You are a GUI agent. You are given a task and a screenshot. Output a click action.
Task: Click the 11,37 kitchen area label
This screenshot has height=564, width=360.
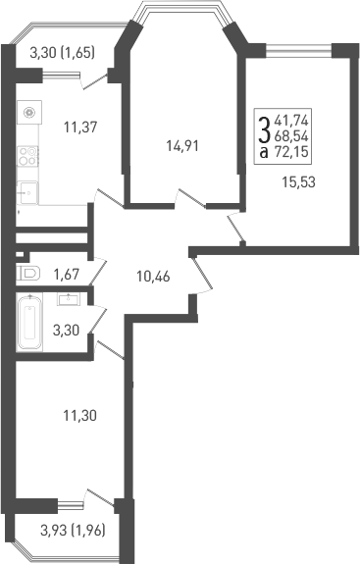click(79, 127)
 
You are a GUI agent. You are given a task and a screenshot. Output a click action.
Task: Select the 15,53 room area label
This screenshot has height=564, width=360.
click(299, 181)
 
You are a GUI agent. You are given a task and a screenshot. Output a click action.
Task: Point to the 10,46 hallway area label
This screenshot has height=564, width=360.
click(153, 276)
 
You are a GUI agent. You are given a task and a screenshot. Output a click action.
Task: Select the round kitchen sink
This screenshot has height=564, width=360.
click(30, 112)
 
